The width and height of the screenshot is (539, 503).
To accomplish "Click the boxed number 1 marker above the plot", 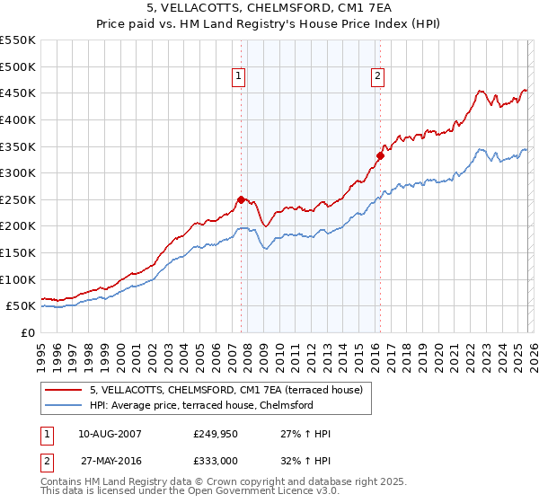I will coord(239,77).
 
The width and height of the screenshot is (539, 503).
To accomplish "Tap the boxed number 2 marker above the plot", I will coord(377,77).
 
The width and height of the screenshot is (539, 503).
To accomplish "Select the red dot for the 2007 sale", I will coord(241,199).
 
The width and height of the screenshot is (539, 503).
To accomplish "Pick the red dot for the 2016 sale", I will coord(380,155).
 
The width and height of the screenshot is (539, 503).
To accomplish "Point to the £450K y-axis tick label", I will coord(18,93).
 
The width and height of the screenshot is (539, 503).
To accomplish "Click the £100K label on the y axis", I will coord(18,279).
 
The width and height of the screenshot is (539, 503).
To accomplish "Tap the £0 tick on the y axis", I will coord(29,332).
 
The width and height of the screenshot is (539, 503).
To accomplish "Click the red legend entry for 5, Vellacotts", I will coord(225,390).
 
